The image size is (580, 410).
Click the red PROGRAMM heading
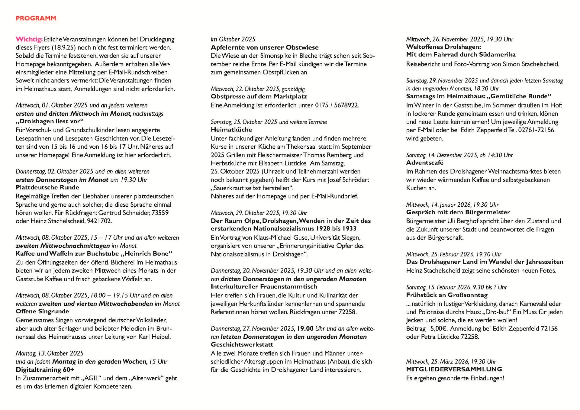pos(36,18)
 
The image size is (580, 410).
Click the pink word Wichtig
pos(29,39)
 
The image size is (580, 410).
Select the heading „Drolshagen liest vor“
pos(50,121)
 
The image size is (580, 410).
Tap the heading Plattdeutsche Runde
pos(47,187)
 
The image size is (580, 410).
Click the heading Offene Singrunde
pos(42,312)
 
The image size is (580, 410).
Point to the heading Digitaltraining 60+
pos(45,370)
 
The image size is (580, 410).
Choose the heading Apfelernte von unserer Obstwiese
pos(265,47)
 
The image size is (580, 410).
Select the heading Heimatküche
pos(231,130)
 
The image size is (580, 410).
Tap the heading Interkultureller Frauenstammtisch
pos(264,287)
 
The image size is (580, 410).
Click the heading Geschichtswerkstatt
pos(242,345)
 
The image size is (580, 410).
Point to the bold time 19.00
pos(305,328)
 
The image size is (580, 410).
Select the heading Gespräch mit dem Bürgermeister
pos(458,212)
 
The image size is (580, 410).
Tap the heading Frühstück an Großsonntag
pos(447,295)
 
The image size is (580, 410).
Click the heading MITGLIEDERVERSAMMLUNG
pos(454,369)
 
